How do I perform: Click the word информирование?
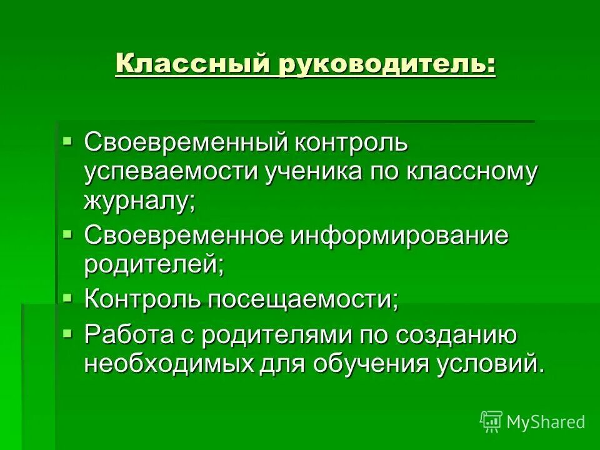[399, 237]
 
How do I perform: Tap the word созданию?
[458, 335]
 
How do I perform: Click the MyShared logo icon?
[491, 421]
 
